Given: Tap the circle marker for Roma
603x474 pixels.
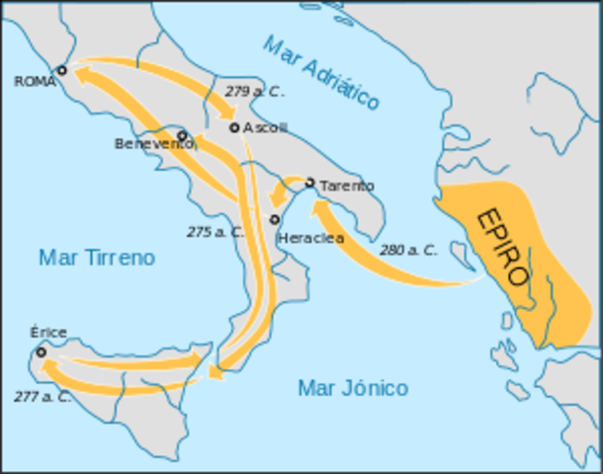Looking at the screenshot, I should [x=61, y=70].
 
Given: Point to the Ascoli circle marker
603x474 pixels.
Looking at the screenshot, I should [x=234, y=127].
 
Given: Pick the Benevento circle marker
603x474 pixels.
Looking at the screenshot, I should [x=182, y=134].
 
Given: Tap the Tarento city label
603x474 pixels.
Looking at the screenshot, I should [x=346, y=185].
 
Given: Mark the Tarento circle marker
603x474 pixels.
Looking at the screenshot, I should [x=309, y=183].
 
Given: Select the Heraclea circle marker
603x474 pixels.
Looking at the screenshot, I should [x=275, y=219].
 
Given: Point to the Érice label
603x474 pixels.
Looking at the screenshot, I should [x=48, y=333].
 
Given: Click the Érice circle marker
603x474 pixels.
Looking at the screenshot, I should [x=41, y=352].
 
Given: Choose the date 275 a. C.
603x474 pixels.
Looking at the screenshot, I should [x=215, y=232].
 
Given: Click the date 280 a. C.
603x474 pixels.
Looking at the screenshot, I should [x=407, y=251].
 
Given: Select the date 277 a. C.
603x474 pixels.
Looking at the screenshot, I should [x=43, y=397].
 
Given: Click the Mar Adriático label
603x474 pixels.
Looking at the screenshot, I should [x=322, y=72].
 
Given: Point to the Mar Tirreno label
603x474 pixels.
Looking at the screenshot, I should [x=97, y=258].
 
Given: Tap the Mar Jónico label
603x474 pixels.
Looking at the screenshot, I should [x=353, y=388].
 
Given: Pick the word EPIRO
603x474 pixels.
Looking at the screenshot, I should [x=502, y=247].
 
